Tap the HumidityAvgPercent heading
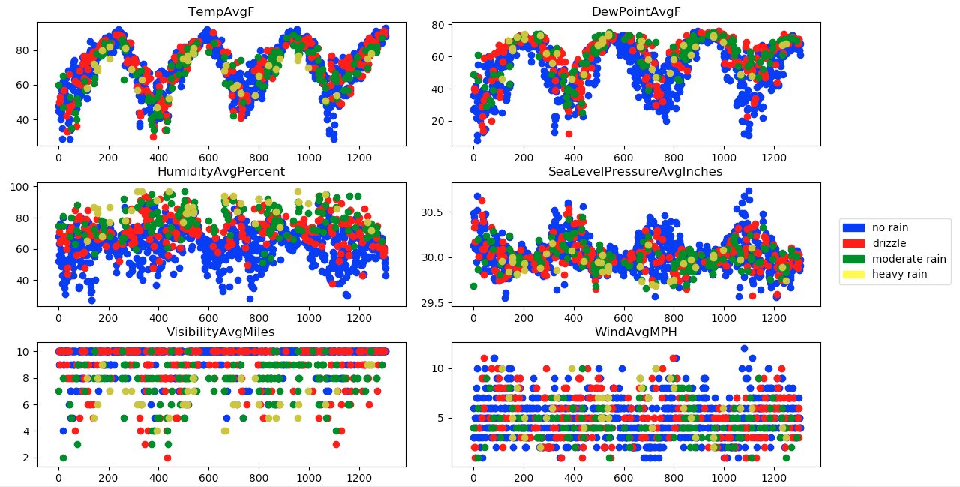point(220,172)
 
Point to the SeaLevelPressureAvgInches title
point(635,172)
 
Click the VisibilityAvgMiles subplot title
point(220,332)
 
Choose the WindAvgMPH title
point(635,332)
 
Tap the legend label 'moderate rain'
point(909,259)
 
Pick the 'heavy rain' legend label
point(899,275)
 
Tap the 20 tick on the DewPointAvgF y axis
point(439,121)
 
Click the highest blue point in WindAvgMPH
point(744,349)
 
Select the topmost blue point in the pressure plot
point(748,191)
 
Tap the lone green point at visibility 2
point(63,458)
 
